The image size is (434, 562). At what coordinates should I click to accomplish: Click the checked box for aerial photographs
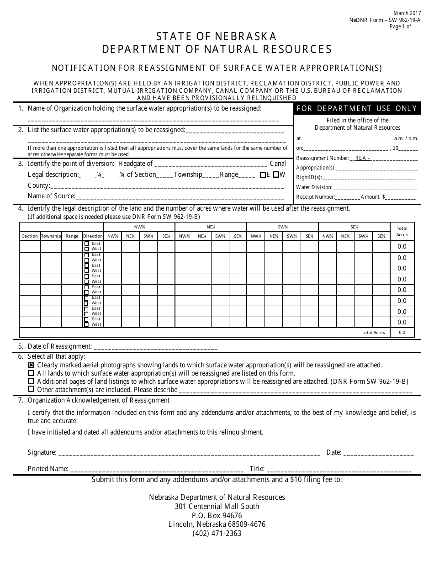[x=31, y=365]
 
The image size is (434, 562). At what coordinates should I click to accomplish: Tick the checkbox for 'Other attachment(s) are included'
[x=31, y=389]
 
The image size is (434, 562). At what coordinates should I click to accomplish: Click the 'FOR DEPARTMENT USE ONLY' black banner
[x=357, y=108]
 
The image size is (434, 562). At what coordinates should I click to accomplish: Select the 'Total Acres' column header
[x=402, y=231]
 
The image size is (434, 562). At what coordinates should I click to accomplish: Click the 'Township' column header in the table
[x=51, y=236]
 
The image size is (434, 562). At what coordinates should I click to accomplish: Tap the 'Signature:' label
[x=42, y=452]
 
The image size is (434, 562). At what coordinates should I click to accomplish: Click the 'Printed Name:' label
[x=48, y=469]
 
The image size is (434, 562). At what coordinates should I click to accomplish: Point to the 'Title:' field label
[x=257, y=469]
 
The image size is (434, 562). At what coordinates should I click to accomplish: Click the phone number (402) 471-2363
[x=217, y=533]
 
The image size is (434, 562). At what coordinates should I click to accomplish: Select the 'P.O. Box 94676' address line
[x=217, y=515]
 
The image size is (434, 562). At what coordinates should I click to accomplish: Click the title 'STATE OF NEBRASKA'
[x=217, y=36]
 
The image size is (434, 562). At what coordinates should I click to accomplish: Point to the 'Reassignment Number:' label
[x=323, y=158]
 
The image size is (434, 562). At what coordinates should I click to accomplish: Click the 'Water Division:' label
[x=314, y=187]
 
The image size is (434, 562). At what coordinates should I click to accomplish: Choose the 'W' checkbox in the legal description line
[x=276, y=175]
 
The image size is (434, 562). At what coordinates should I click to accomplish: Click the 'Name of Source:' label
[x=51, y=196]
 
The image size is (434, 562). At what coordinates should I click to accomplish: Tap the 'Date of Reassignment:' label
[x=60, y=346]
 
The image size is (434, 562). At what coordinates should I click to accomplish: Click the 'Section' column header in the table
[x=30, y=236]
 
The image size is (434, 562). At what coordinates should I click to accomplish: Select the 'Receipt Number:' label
[x=316, y=197]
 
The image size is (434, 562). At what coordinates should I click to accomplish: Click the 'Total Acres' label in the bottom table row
[x=373, y=333]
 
